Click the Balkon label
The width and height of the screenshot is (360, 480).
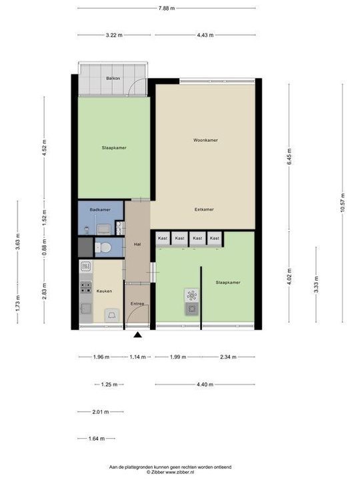click(113, 79)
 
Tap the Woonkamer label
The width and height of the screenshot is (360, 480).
click(205, 141)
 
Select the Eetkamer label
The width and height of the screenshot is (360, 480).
click(204, 209)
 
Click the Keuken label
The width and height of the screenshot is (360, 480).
click(103, 291)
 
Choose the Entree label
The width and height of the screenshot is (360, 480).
click(138, 304)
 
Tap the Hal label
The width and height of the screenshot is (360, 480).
click(137, 243)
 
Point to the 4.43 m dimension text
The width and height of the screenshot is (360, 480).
click(205, 35)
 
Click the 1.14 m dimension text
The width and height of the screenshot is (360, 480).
click(139, 357)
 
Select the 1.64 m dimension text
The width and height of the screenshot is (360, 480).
click(96, 438)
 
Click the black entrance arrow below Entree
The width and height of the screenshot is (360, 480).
click(138, 335)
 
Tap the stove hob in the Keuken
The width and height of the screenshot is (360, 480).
click(86, 287)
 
